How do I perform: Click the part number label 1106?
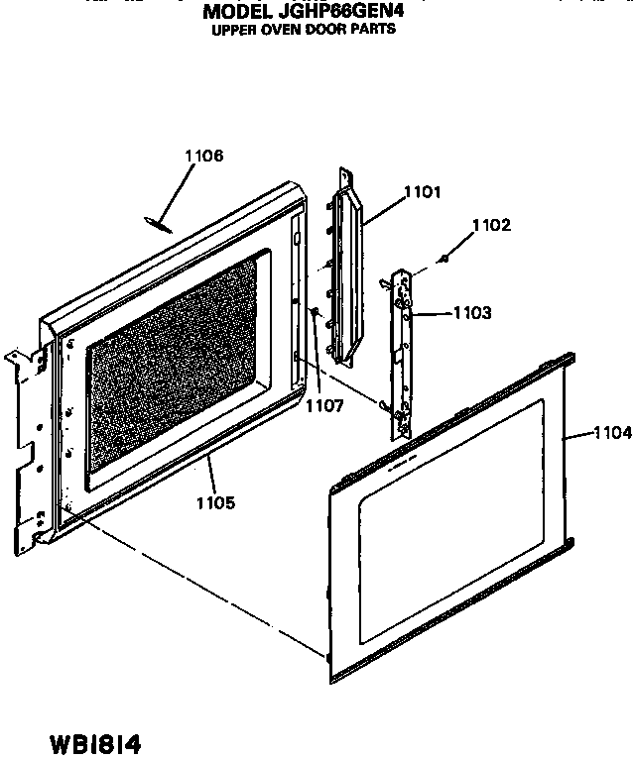coord(204,156)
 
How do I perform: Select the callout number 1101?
coord(423,192)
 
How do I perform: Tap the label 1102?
coord(491,225)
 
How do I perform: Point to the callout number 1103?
coord(472,313)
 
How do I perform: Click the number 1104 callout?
coord(613,432)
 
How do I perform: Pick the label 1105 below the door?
coord(215,503)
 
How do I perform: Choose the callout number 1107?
coord(324,405)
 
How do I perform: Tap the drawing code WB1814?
coord(95,743)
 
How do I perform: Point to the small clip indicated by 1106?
coord(158,225)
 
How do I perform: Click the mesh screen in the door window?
coord(172,367)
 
